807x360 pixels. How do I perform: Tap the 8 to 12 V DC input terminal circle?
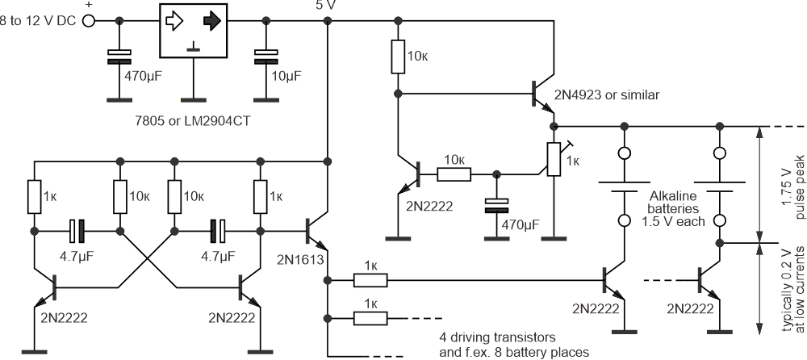[x=89, y=22]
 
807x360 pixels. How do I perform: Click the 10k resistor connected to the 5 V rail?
[x=396, y=57]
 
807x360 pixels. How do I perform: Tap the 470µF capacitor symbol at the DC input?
[x=119, y=56]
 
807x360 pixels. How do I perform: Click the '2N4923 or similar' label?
[x=607, y=94]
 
